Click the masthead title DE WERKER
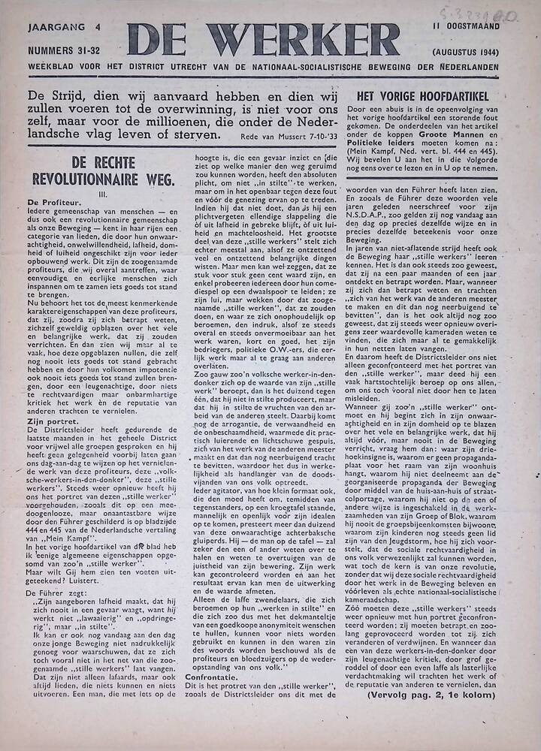point(262,40)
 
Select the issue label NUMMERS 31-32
point(65,51)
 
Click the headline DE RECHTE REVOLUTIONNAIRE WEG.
point(103,170)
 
